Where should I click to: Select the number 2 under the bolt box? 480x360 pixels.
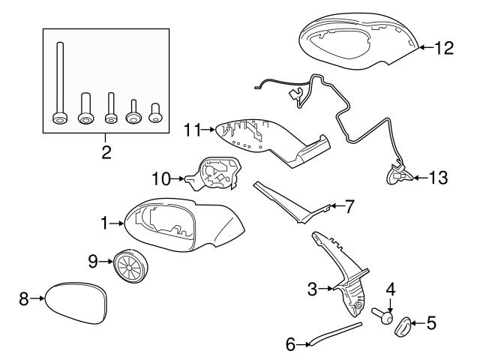click(x=106, y=153)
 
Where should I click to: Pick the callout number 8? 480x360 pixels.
click(x=23, y=299)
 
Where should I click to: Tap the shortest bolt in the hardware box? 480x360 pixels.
click(x=157, y=112)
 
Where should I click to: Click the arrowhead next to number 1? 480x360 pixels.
click(x=122, y=223)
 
